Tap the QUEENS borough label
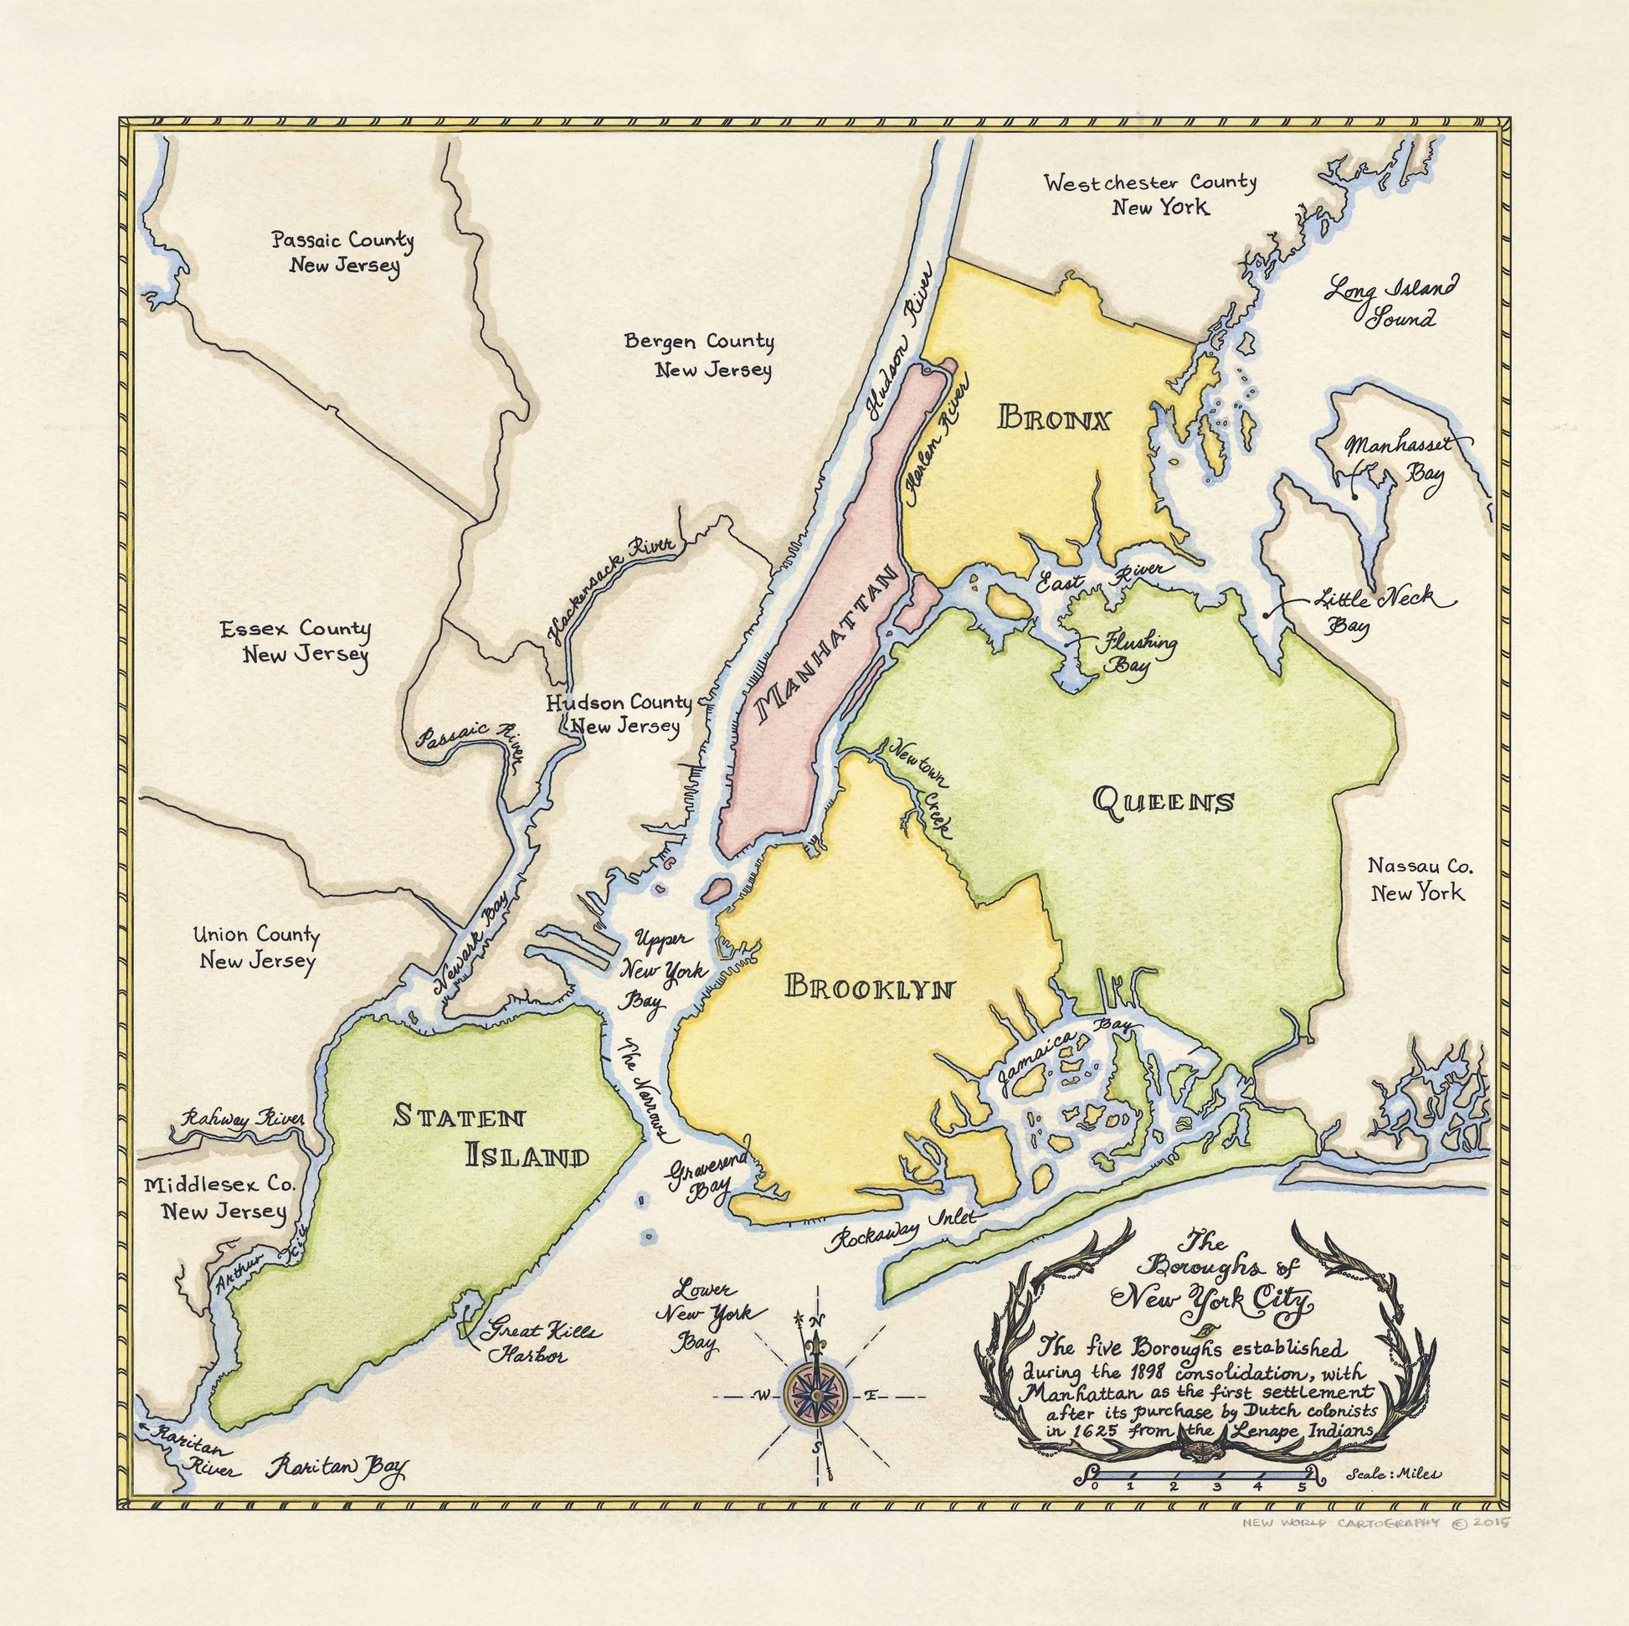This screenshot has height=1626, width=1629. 1163,800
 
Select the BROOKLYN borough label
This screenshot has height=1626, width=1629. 869,986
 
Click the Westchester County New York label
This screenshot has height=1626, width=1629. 1150,194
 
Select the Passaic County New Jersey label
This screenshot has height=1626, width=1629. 342,252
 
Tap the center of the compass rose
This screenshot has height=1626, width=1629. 815,1396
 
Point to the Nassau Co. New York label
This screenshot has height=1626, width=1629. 1416,879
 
